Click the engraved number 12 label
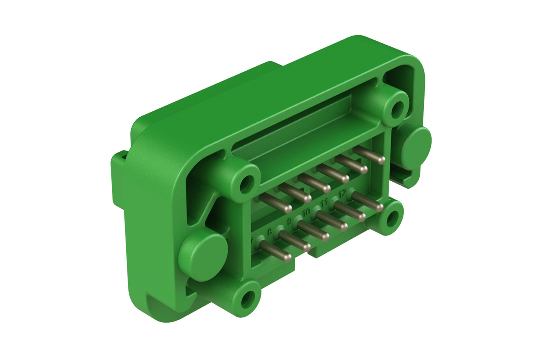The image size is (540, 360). [343, 193]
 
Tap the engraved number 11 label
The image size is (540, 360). [324, 203]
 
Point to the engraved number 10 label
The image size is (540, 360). [306, 212]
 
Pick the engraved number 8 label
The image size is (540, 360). [270, 232]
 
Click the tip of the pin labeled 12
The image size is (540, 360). [380, 207]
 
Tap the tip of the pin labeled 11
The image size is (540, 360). [362, 217]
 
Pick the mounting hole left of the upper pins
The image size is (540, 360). [246, 183]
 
